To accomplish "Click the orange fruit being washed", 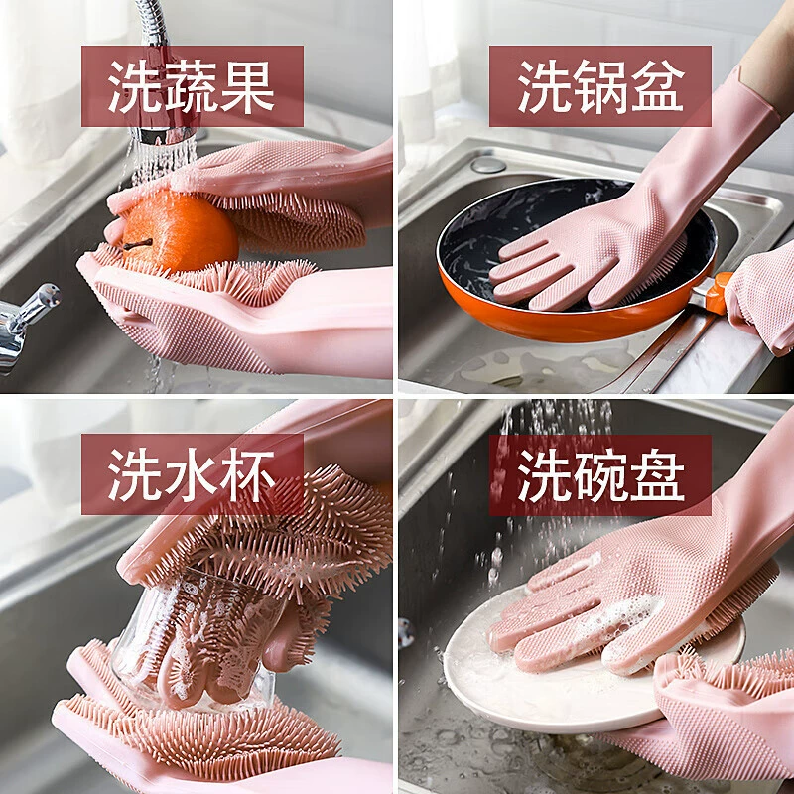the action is pos(180,231).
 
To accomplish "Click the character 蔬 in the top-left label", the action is pos(192,86).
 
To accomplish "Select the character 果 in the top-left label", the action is pos(247,86).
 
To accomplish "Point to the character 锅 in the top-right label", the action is pos(600,86).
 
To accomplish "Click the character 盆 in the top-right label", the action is pos(657,86).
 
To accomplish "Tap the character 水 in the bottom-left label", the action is pos(192,474).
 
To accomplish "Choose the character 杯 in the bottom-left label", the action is pos(247,474).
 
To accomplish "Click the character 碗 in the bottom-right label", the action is pos(600,474).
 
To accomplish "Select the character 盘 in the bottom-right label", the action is pos(657,474).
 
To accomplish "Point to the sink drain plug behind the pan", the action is pos(487,164).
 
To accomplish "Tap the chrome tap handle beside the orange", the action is pos(27,325).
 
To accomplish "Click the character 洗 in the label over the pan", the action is pos(544,86).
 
